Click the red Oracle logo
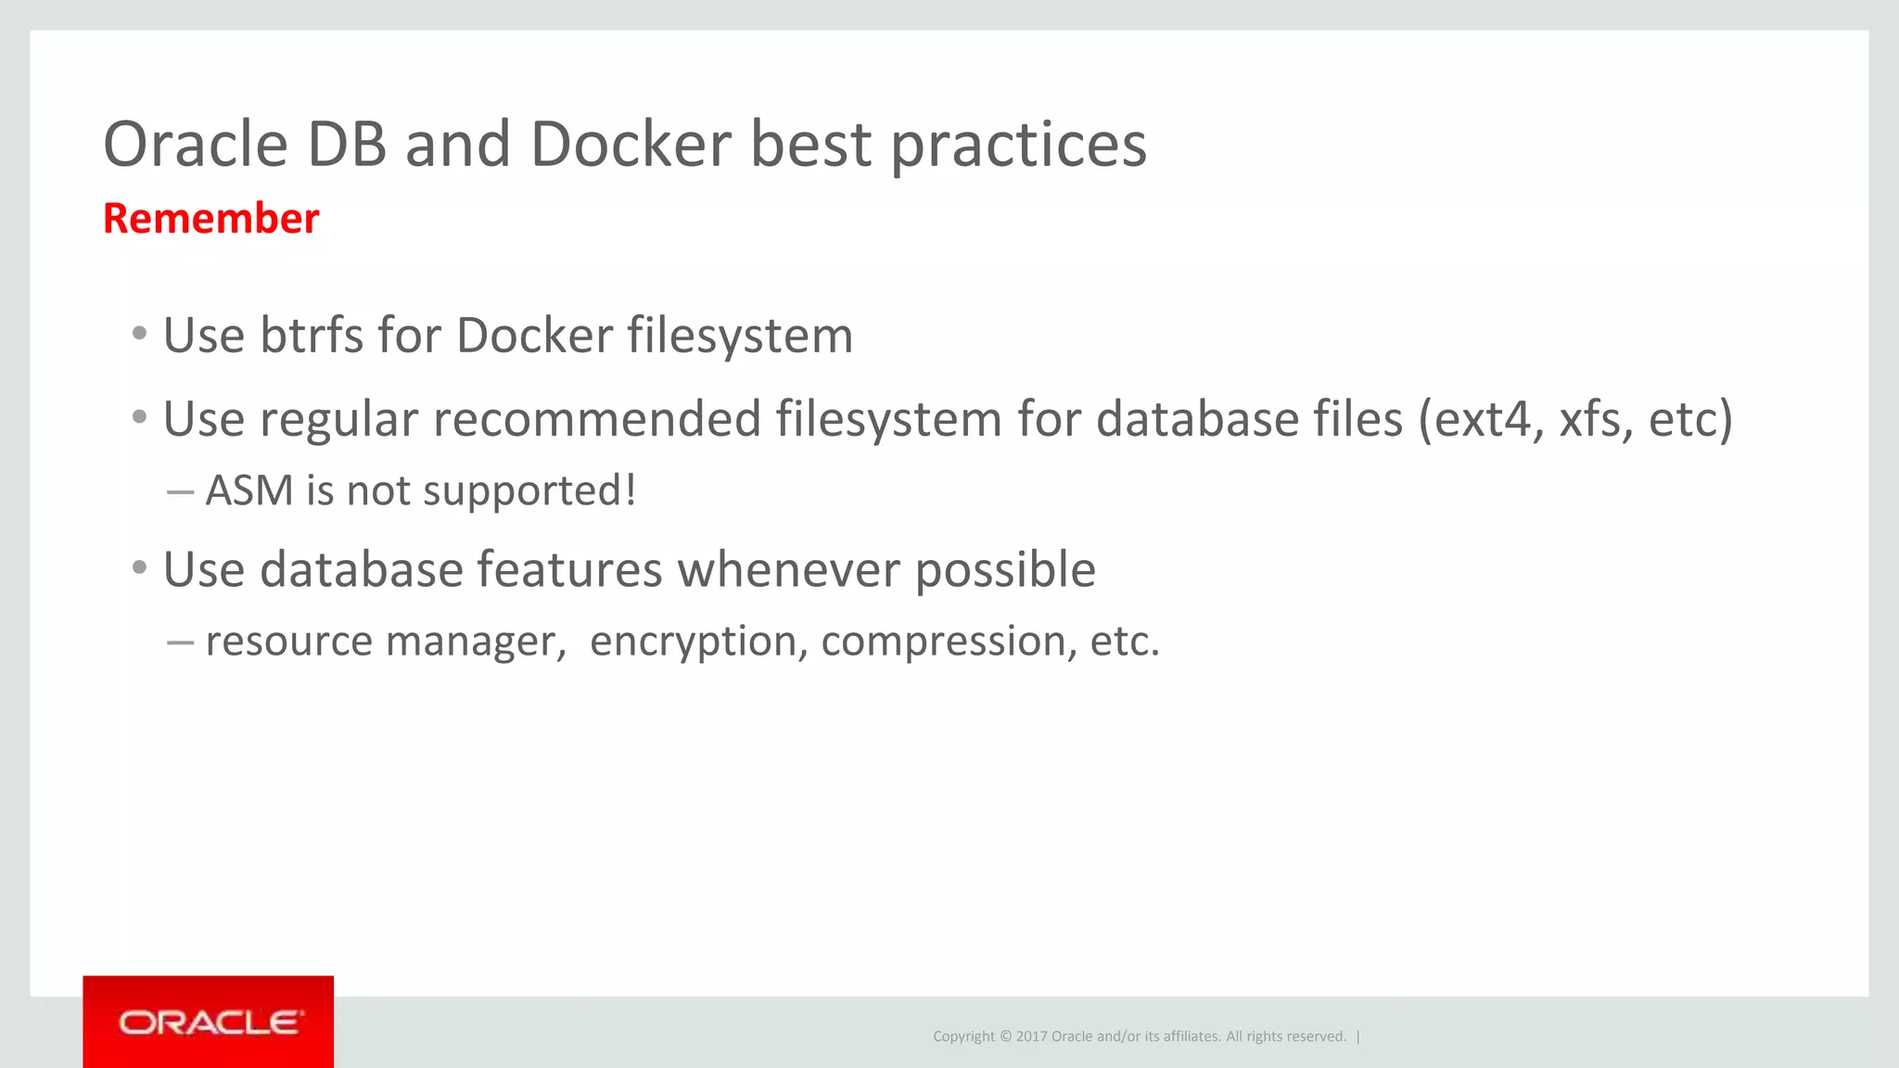tap(209, 1022)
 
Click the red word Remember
tap(210, 219)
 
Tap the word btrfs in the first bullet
tap(312, 336)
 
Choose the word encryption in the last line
tap(693, 642)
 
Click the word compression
tap(942, 642)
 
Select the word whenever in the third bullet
tap(788, 569)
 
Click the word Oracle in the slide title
tap(196, 145)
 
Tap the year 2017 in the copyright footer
tap(1031, 1036)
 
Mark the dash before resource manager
tap(180, 642)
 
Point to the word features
tap(569, 569)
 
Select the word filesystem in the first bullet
tap(740, 336)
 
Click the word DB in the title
tap(346, 145)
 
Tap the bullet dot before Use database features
tap(140, 567)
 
